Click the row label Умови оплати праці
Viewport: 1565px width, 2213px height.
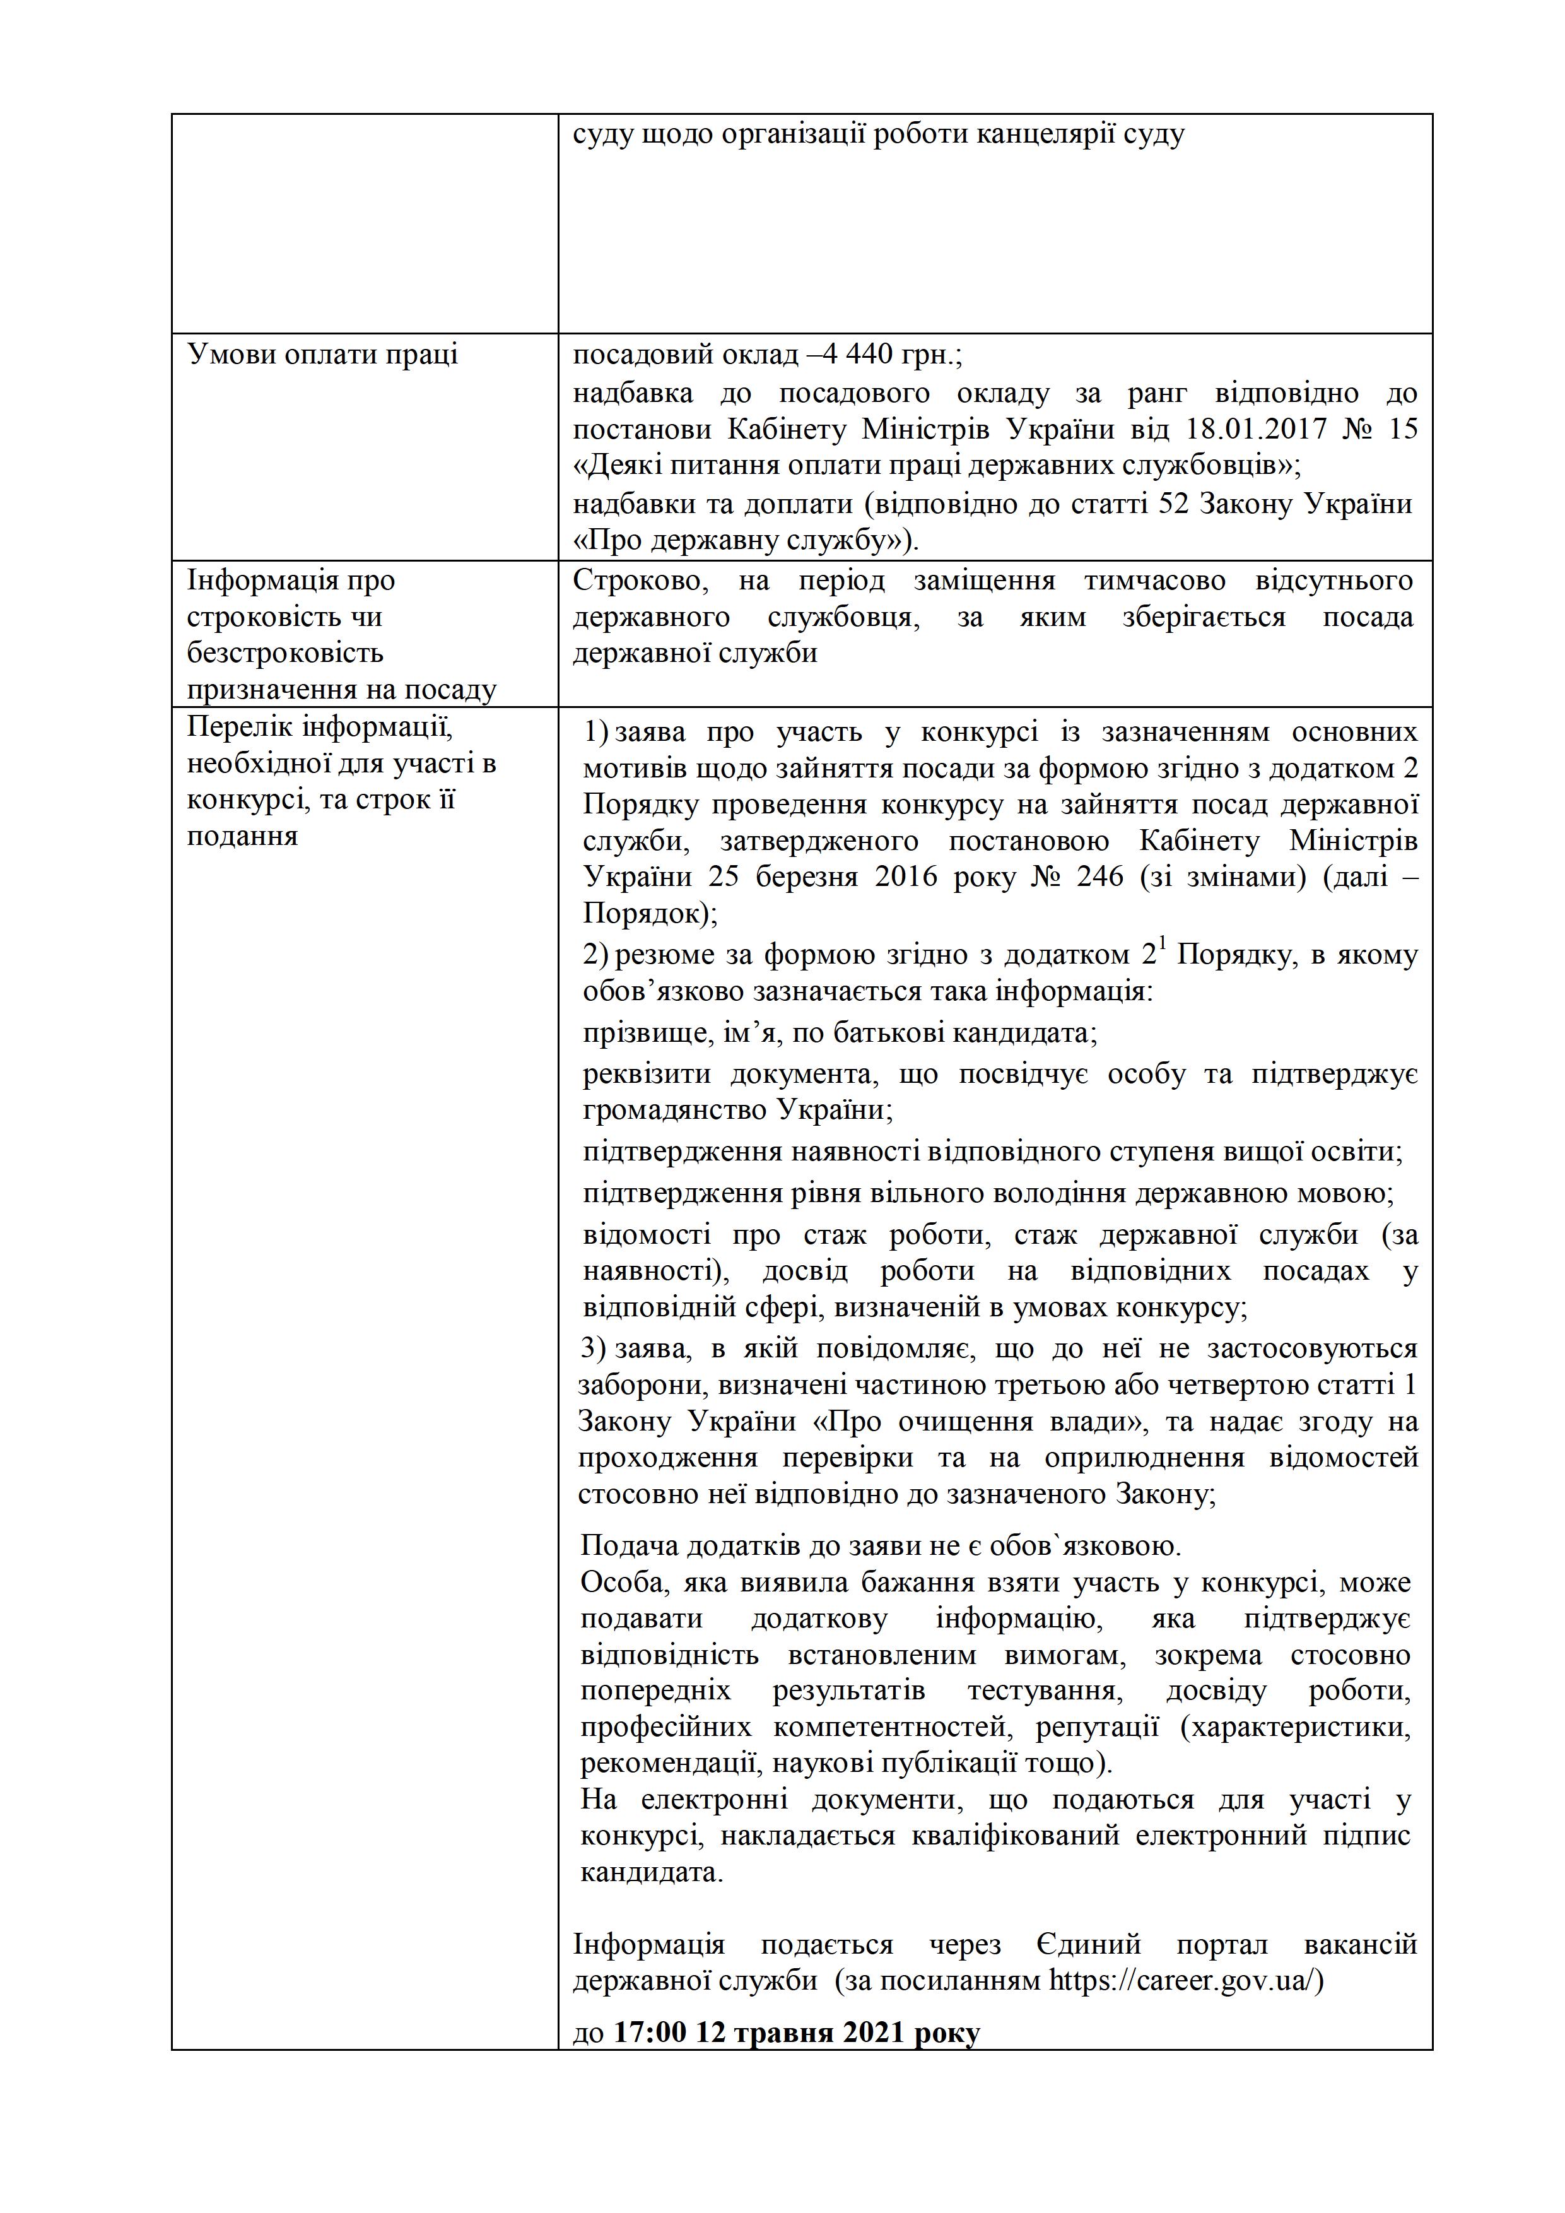coord(322,356)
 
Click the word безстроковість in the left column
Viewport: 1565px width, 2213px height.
coord(284,654)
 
